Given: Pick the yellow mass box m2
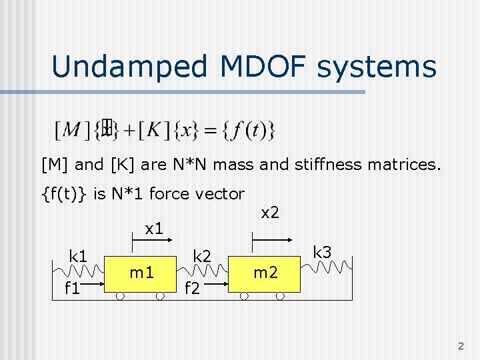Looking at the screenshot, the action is (x=265, y=273).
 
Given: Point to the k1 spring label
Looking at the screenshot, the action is (x=79, y=256).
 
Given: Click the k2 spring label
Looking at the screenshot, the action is (x=202, y=256).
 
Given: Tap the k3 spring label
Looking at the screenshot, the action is (x=323, y=252).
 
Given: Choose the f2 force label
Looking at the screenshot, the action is (x=192, y=289).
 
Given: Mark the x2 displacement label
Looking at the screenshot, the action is (x=269, y=213).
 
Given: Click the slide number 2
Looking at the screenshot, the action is (x=460, y=346).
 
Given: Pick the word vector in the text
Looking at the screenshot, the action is (x=223, y=193).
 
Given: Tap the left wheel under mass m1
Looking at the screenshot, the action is (x=119, y=297).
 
